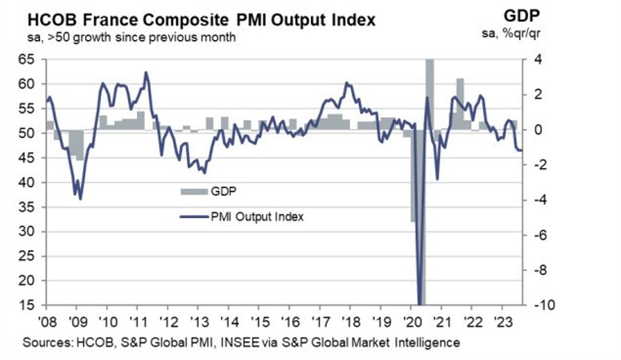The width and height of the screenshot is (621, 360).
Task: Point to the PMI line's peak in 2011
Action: point(146,73)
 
